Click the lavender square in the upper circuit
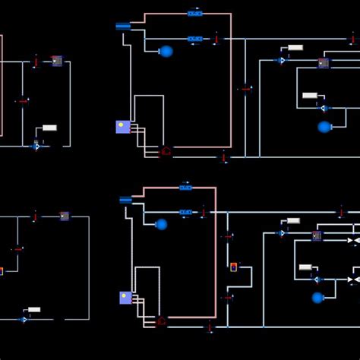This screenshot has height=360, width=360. pos(122,127)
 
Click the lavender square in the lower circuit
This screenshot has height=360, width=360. pos(125,298)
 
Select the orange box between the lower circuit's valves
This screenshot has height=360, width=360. pos(234,267)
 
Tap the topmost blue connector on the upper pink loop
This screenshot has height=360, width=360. pos(195,13)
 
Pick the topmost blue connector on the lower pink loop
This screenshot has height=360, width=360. pos(185,187)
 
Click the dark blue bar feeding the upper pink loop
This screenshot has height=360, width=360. pos(123,26)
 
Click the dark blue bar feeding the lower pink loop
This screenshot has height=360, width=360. pos(126,200)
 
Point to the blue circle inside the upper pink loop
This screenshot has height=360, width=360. pos(166,51)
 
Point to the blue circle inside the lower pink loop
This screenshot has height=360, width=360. pos(161,224)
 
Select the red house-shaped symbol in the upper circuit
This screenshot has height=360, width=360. pos(166,151)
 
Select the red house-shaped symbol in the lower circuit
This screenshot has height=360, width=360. pos(161,322)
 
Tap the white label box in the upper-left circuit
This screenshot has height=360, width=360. pos(49,128)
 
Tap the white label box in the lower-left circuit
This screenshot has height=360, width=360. pos(34,309)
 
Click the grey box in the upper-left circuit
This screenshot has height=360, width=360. pos(57,61)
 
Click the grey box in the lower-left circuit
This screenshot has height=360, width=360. pos(65,216)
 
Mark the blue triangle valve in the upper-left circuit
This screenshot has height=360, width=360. pos(36,146)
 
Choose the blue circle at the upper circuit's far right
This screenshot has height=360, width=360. pos(324,127)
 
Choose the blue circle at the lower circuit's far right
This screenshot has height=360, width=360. pos(317,298)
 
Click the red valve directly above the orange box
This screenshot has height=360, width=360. pos(227,236)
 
